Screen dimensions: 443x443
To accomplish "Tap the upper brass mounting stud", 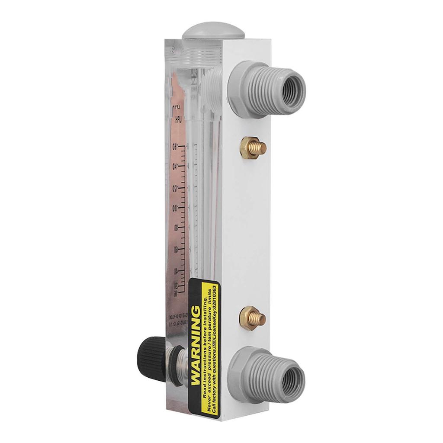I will tap(253, 147).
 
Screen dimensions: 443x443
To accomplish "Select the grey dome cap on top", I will tap(213, 33).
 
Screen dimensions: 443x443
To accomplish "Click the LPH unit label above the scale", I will tap(177, 119).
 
